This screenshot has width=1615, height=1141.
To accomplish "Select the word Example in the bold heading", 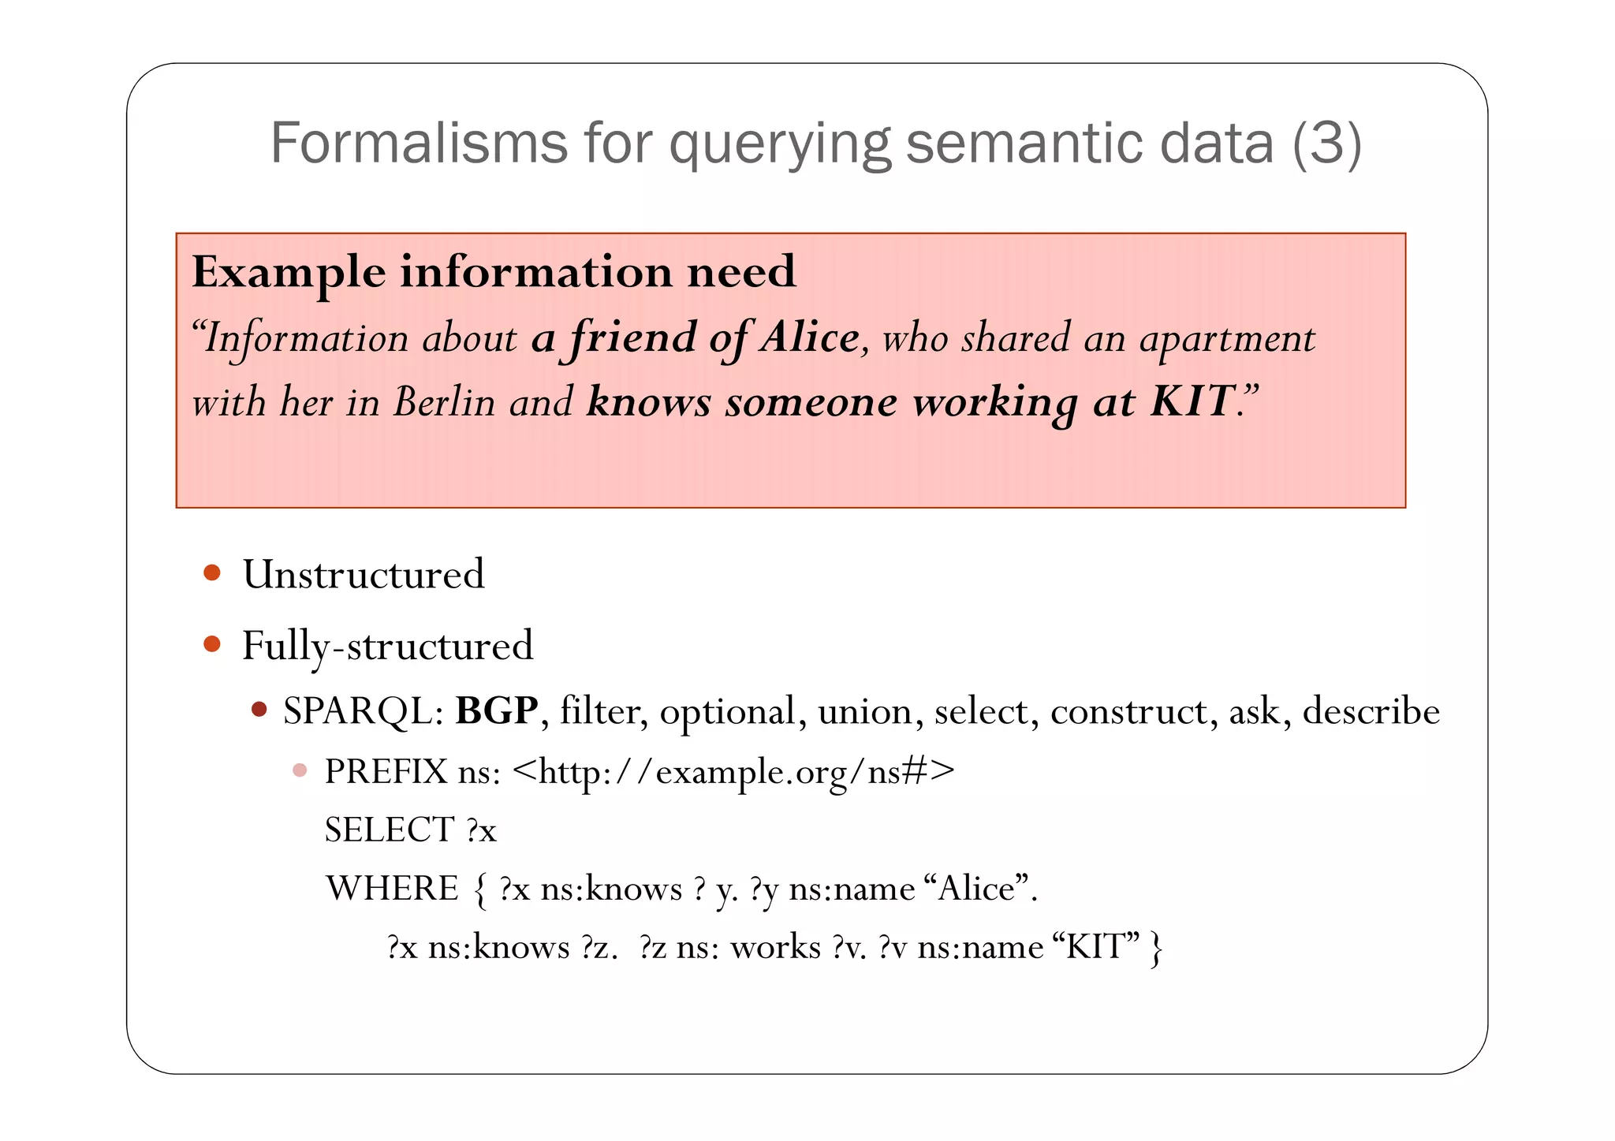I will pos(289,272).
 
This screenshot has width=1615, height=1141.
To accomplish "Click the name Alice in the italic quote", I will pos(810,337).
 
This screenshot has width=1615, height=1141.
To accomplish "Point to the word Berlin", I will pos(444,402).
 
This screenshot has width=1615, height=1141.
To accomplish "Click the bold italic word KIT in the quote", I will pos(1192,401).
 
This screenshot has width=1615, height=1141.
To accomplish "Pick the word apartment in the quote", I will pos(1227,339).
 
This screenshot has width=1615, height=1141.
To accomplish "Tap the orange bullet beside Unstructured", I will pos(211,572).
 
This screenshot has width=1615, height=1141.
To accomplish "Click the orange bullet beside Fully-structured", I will pos(211,644).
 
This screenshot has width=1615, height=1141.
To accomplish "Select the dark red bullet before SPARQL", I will pos(259,710).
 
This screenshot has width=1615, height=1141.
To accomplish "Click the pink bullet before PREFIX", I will pos(300,770).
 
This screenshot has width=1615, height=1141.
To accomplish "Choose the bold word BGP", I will pos(497,710).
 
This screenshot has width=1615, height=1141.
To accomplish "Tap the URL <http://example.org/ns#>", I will pos(733,771).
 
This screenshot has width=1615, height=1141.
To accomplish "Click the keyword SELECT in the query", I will pos(390,830).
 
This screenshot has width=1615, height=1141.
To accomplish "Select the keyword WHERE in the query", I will pos(392,889).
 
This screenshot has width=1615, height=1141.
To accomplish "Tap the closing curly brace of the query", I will pos(1156,949).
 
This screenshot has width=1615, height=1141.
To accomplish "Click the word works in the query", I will pos(775,947).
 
